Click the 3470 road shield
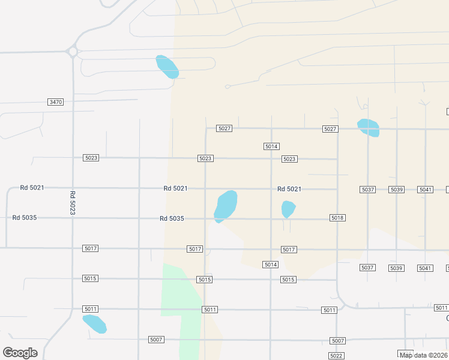55,102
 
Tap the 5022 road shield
336,356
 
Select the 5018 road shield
337,218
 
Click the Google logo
20,353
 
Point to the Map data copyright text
424,355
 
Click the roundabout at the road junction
73,52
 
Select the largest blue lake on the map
226,205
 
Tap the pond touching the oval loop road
167,67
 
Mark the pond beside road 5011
94,324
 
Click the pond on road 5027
368,128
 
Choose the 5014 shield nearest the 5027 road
271,146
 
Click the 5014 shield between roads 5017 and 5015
270,265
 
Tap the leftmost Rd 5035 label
25,217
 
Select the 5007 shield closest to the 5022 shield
337,341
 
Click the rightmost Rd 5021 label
289,189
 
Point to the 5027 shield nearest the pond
330,129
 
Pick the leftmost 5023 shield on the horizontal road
91,158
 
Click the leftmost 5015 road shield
91,278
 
